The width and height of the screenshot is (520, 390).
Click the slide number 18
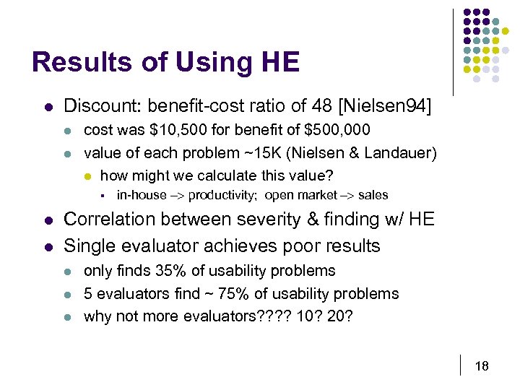[x=482, y=366]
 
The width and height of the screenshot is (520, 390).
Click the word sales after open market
[x=373, y=195]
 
